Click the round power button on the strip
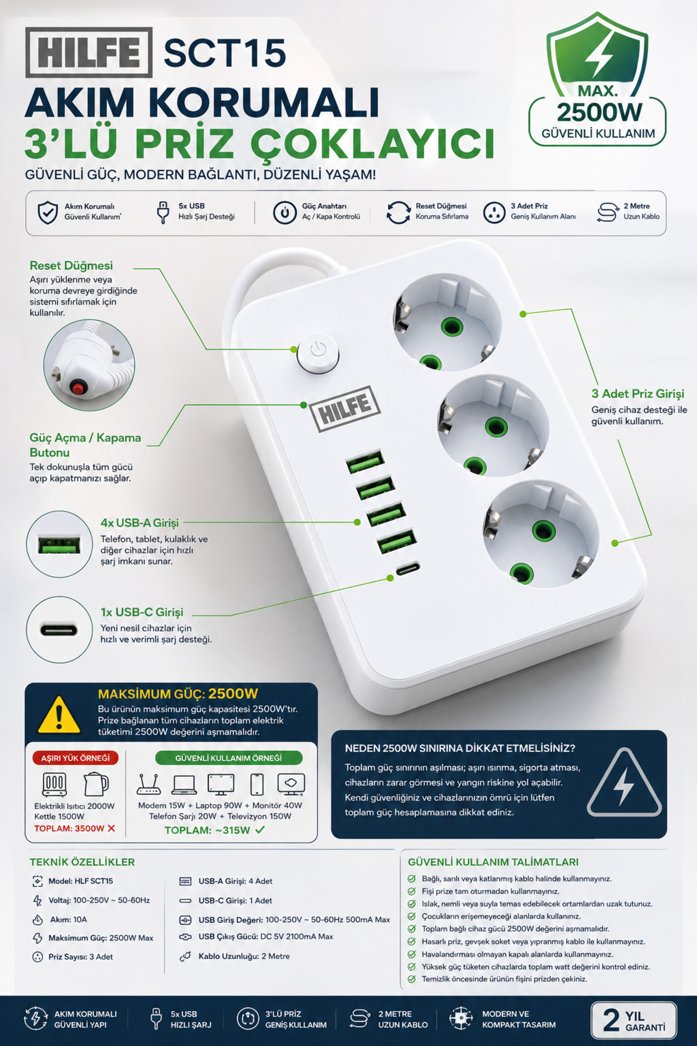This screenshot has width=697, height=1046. click(x=318, y=352)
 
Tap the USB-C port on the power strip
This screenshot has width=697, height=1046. click(x=408, y=568)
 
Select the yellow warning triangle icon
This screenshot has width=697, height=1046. click(x=59, y=714)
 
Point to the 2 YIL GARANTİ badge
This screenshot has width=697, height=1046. click(x=634, y=1020)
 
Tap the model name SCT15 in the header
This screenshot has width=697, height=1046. click(x=225, y=53)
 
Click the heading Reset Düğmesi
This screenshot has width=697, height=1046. click(x=71, y=266)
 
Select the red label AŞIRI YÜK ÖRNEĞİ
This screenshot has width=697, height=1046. click(x=76, y=758)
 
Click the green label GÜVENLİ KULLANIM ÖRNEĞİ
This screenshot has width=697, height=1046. click(x=229, y=758)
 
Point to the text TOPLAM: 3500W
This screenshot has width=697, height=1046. click(x=69, y=828)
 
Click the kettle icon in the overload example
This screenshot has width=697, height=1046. click(x=96, y=784)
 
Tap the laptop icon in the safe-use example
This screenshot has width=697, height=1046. click(x=184, y=784)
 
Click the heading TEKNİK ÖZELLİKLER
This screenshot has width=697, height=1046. click(x=82, y=862)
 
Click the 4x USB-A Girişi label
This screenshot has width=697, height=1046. click(x=139, y=522)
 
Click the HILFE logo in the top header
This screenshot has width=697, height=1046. click(x=89, y=52)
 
